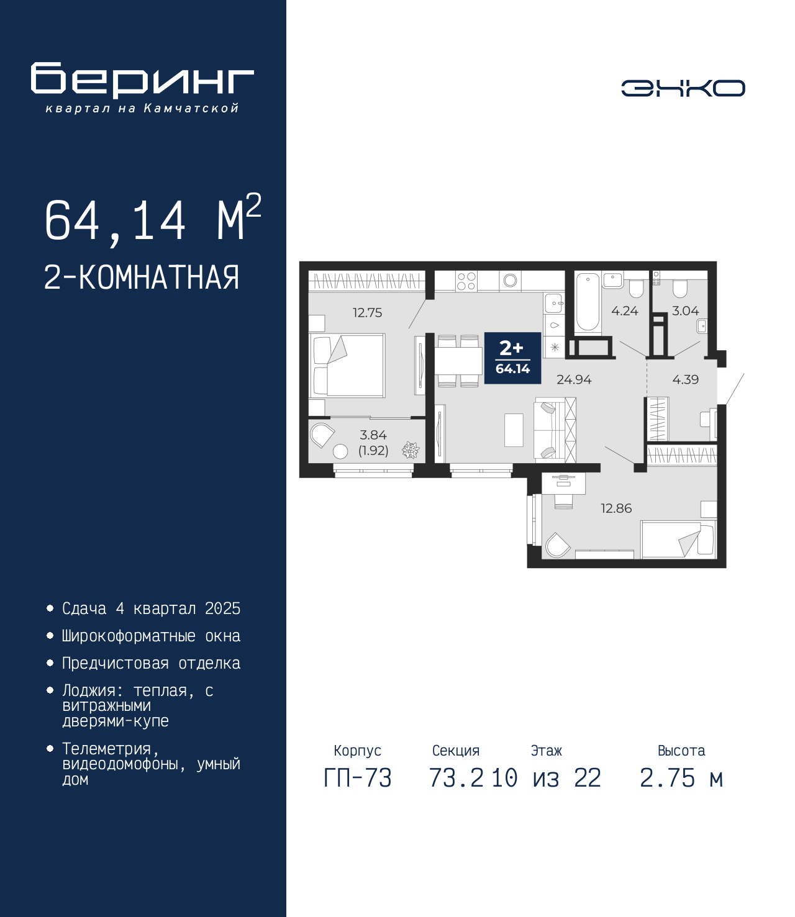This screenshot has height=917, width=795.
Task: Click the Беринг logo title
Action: click(x=142, y=80)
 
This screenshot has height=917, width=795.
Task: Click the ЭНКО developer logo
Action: click(x=683, y=88)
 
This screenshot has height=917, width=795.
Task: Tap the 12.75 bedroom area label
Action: click(x=367, y=313)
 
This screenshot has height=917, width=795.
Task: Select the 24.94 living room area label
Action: click(x=574, y=379)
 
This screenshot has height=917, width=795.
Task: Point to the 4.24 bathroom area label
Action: click(x=625, y=311)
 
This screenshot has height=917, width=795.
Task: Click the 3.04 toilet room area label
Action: click(x=685, y=311)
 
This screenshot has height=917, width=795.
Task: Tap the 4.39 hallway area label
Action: click(x=685, y=379)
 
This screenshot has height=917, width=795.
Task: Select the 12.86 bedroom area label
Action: click(x=616, y=508)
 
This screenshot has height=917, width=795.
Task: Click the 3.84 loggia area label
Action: click(x=373, y=435)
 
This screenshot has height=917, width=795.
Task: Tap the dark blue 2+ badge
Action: click(x=512, y=358)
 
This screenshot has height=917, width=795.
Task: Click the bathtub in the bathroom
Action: click(x=588, y=302)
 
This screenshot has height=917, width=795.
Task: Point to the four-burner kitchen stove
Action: click(x=466, y=281)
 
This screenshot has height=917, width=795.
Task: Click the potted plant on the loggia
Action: click(x=411, y=450)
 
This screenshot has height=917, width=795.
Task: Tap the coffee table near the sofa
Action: click(x=514, y=430)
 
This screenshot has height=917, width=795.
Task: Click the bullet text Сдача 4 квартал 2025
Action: click(x=151, y=608)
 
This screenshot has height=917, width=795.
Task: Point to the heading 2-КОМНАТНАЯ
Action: click(x=142, y=278)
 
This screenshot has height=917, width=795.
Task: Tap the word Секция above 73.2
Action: click(x=456, y=751)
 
